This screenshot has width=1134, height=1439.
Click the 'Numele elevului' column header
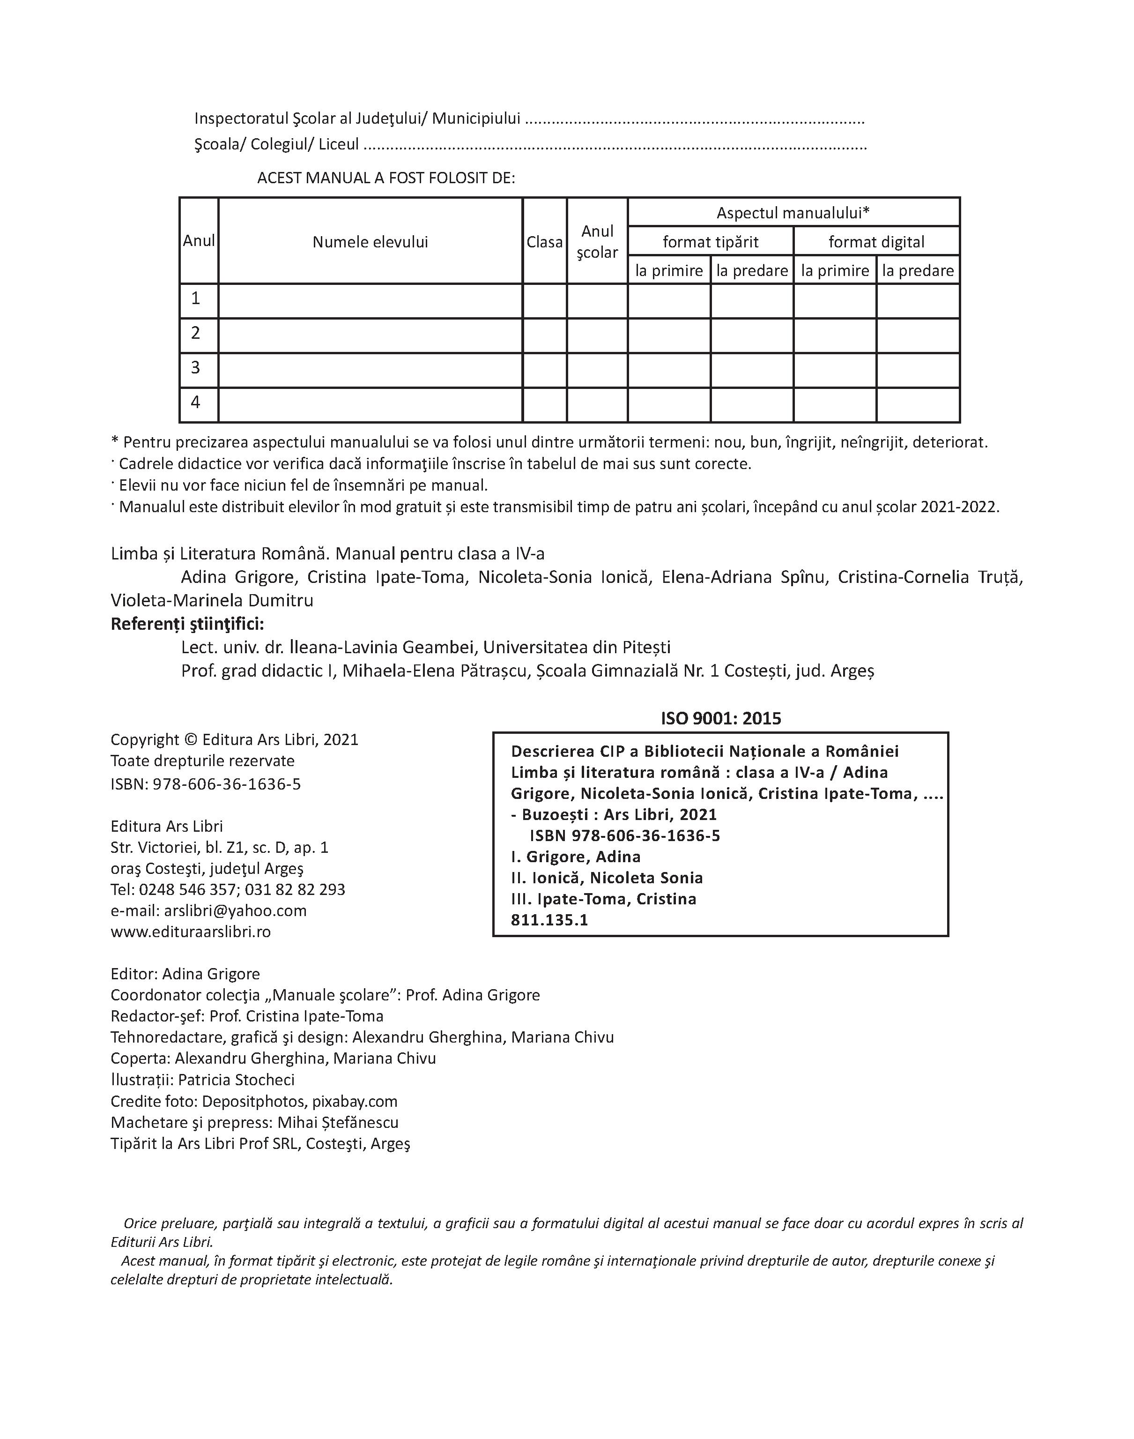tap(370, 242)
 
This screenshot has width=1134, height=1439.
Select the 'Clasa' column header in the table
tap(544, 242)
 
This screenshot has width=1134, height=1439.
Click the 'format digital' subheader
tap(876, 242)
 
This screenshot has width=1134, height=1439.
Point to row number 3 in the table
tap(195, 368)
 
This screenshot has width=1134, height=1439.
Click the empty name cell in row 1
tap(370, 300)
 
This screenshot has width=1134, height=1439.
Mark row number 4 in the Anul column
tap(195, 403)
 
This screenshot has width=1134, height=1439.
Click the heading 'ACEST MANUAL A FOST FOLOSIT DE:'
tap(386, 178)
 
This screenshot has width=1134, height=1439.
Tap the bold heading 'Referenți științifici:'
tap(187, 624)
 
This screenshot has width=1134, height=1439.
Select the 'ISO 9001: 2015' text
tap(720, 718)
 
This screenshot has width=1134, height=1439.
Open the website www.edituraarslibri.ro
tap(191, 932)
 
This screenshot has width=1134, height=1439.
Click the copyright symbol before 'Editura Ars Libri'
tap(190, 740)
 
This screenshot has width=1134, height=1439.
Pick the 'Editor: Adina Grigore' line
tap(185, 974)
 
